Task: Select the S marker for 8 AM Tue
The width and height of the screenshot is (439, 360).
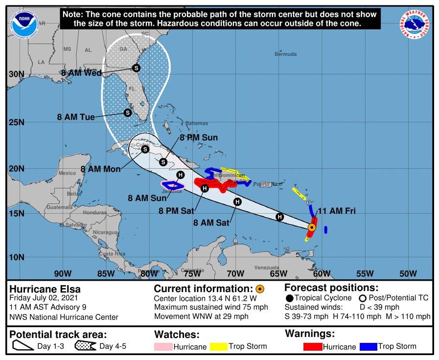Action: pos(127,112)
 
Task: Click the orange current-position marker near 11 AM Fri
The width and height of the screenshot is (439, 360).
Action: pos(312,227)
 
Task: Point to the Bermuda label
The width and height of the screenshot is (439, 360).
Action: pos(285,54)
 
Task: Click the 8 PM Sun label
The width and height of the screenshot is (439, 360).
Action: pos(198,138)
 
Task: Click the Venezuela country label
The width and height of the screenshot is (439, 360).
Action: pos(266,268)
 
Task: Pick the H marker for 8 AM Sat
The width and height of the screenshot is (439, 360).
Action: pos(237,202)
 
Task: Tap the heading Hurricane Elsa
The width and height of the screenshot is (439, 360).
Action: pos(45,289)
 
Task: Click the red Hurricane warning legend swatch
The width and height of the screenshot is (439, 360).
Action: pos(313,347)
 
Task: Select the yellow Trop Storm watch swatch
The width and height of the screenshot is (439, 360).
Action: pos(219,347)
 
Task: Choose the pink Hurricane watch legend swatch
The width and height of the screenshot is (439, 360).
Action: pos(163,347)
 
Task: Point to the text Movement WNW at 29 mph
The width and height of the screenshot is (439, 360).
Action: pos(201,316)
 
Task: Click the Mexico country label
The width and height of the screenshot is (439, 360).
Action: pos(67,173)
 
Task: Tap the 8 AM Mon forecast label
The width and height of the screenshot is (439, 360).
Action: pos(100,169)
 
